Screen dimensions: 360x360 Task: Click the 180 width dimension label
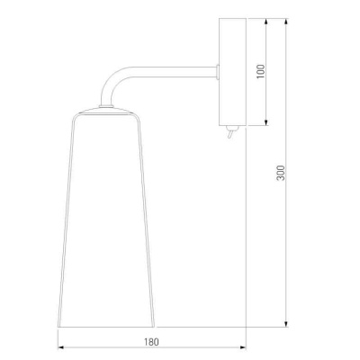coord(151,342)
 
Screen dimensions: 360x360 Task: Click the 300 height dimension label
coord(281,173)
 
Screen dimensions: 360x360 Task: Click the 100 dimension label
coord(261,71)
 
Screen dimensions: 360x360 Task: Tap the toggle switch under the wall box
coord(231,132)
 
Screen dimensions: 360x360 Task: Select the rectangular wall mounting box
coord(232,72)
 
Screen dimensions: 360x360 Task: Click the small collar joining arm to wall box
coord(218,72)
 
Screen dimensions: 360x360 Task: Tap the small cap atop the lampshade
coord(106,106)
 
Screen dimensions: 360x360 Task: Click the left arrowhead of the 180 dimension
coord(61,347)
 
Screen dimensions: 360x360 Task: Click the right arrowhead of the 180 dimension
coord(243,347)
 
